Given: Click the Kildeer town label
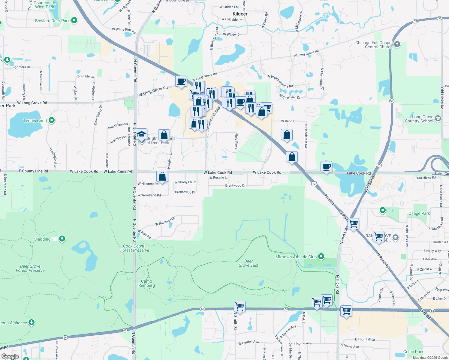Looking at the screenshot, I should click(240, 14).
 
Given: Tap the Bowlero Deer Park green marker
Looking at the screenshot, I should click(74, 20).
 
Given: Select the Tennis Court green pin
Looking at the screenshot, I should click(52, 120).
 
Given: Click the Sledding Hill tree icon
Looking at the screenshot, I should click(62, 239).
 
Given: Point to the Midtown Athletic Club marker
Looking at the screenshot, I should click(321, 256).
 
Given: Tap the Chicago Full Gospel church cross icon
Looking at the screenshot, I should click(397, 45).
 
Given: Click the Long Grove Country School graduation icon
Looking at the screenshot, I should click(438, 119).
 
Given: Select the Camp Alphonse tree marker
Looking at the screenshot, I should click(32, 322).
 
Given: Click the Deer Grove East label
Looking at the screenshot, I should click(249, 263).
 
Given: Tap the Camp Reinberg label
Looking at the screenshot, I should click(146, 283).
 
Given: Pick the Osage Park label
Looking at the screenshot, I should click(419, 213).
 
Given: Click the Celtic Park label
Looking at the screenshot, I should click(413, 352).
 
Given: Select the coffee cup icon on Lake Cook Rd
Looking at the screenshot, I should click(326, 166).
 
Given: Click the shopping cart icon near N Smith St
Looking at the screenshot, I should click(240, 307).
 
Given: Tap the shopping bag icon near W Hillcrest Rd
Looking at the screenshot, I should click(162, 177).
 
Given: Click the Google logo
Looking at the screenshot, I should click(10, 356).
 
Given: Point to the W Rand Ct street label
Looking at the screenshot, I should click(289, 121).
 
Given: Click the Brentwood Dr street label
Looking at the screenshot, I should click(235, 185).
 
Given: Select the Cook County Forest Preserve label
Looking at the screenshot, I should click(135, 248).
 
